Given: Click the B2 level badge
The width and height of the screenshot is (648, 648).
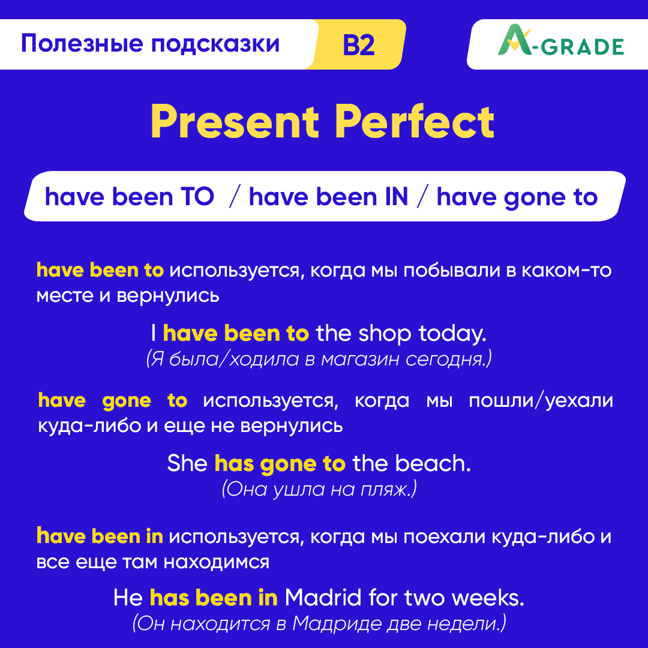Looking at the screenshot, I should coord(359,46).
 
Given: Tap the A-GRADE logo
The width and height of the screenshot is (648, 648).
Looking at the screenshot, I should coord(560,45).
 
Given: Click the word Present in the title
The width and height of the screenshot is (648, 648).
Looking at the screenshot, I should coord(235,122).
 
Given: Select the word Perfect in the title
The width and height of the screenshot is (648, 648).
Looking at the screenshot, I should coord(415,122).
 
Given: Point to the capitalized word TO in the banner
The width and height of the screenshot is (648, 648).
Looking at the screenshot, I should coord(196,197).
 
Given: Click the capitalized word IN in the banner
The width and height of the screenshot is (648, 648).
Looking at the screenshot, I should coord(394,197).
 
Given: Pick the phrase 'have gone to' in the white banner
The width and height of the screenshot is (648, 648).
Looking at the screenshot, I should coord(517,197).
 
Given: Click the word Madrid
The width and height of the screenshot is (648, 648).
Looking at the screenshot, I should coord(323,598).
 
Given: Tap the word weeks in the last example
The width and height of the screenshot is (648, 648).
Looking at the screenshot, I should coord(487,598).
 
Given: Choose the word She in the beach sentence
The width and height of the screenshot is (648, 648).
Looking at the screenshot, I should coord(187,463).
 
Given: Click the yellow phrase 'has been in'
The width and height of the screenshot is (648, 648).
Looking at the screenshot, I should coord(214,598).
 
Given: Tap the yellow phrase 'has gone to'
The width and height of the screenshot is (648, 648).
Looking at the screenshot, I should coord(280,463).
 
